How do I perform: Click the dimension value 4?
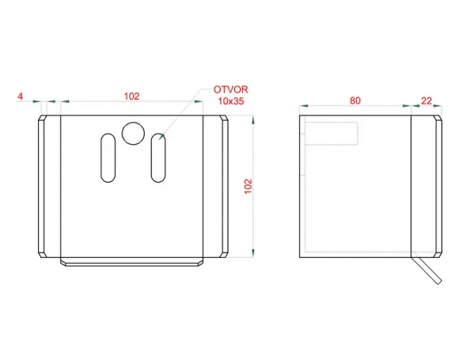pos(21,97)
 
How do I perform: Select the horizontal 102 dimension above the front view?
pos(131,97)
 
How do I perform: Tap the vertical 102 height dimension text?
pos(248,186)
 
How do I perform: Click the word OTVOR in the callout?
pos(231,89)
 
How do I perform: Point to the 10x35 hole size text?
pos(231,100)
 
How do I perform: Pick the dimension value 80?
pos(355,100)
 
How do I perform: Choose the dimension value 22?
pos(426,100)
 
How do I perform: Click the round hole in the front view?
pos(133,133)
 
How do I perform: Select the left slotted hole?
pos(108,157)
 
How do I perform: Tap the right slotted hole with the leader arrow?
pos(158,157)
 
